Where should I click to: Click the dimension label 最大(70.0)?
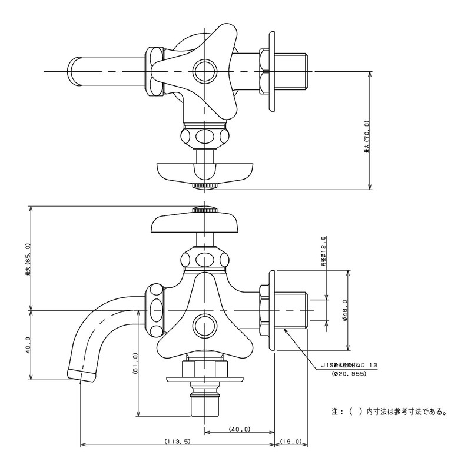coord(366,137)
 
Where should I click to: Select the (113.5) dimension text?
coord(173,442)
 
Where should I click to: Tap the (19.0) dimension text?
coord(291,442)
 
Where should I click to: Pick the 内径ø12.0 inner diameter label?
coord(323,252)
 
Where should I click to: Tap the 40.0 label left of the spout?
coord(28,347)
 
